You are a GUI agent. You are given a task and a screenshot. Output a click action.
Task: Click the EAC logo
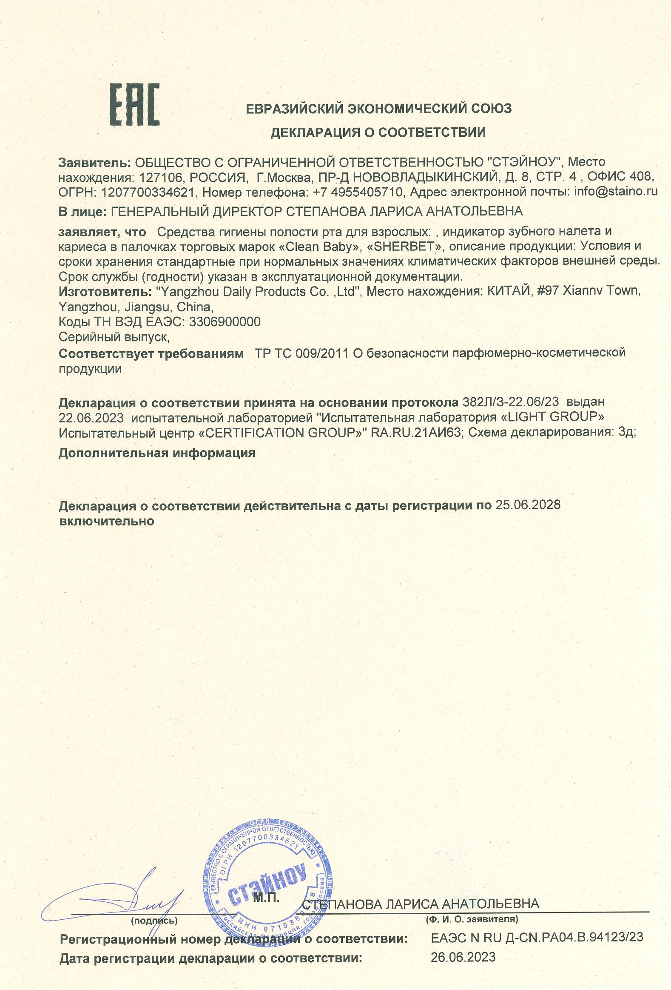(135, 104)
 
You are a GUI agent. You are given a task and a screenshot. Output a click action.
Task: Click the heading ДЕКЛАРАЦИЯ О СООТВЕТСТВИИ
(378, 132)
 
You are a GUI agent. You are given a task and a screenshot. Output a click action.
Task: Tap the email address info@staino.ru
(616, 191)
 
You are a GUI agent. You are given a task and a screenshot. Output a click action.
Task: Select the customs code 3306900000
(224, 321)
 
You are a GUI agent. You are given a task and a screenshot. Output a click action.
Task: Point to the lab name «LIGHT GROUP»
(552, 416)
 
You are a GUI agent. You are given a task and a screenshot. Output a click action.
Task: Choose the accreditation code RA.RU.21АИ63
(416, 432)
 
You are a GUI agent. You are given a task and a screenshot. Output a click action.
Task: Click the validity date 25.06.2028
(528, 505)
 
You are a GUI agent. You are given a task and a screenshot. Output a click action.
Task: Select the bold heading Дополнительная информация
(156, 452)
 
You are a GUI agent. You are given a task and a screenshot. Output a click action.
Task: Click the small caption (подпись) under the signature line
(154, 921)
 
